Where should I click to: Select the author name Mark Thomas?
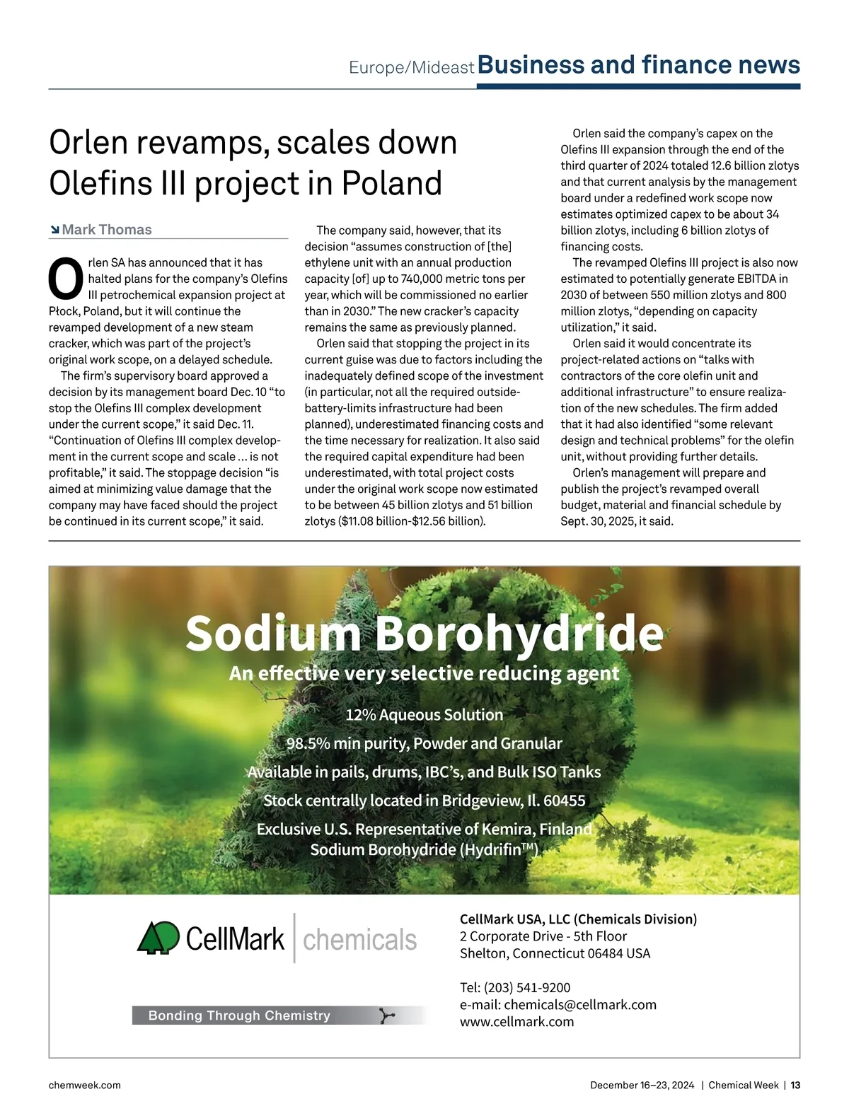[107, 230]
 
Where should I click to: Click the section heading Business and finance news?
[639, 65]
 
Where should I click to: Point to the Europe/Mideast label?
[411, 67]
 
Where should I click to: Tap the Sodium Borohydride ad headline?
[424, 633]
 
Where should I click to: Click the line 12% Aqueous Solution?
[424, 715]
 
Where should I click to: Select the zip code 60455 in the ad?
[564, 801]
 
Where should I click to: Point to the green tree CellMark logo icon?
[158, 938]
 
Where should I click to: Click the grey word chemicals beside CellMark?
[359, 940]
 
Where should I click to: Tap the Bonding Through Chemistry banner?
[239, 1016]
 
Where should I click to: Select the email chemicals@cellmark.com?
[580, 1004]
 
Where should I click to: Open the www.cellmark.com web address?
[516, 1021]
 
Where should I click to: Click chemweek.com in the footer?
[84, 1085]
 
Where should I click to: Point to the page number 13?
[795, 1085]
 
